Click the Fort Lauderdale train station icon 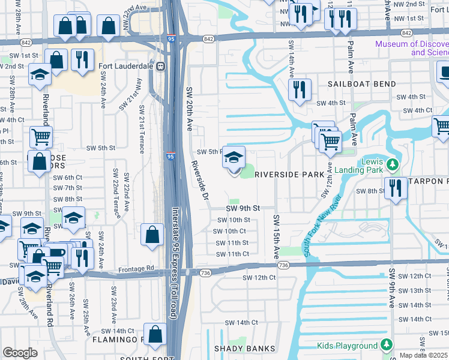coord(160,67)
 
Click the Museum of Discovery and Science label coord(412,48)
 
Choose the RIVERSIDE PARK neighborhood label coord(289,175)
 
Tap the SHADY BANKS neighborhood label coord(245,349)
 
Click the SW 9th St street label coord(243,208)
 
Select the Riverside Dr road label coord(199,180)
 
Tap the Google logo coord(20,353)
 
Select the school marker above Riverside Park coord(234,158)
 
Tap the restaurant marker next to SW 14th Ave coord(299,89)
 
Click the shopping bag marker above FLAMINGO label coord(155,335)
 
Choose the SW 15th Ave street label coord(277,237)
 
